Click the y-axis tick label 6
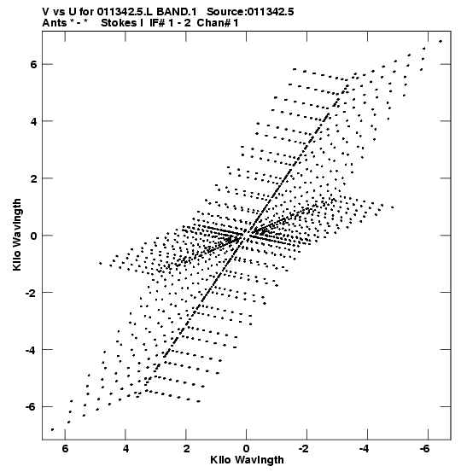[32, 64]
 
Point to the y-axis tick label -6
[31, 406]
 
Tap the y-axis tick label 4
[32, 121]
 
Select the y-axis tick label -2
[31, 292]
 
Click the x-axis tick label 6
[66, 449]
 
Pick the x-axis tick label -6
[425, 449]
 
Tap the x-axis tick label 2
[186, 449]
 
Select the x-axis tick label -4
[365, 449]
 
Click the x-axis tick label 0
[247, 449]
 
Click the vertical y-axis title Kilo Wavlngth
[17, 235]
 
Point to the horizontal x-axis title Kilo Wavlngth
[247, 460]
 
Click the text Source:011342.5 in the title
[250, 12]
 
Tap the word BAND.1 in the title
[177, 12]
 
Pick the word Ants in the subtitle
[54, 23]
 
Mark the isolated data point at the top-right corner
[441, 41]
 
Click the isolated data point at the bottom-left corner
[52, 429]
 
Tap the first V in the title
[46, 12]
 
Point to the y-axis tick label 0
[32, 236]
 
